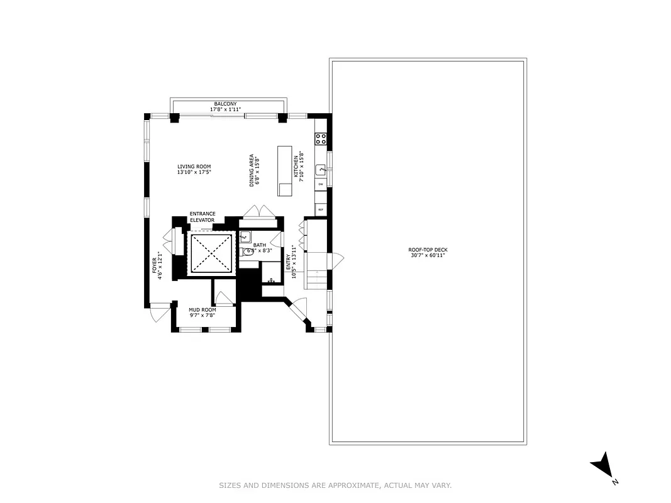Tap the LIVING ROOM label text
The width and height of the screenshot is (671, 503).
[x=194, y=167]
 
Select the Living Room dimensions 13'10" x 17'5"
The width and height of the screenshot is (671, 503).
[x=194, y=172]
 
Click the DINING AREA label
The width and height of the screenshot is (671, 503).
[x=252, y=170]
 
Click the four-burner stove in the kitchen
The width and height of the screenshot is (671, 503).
[x=320, y=139]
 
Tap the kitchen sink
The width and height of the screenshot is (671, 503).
[x=320, y=169]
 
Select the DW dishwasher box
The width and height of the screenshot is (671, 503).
[x=320, y=184]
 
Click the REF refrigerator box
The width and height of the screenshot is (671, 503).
[x=320, y=209]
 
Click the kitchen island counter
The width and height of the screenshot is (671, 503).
[x=286, y=171]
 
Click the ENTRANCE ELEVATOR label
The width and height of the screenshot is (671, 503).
[x=202, y=217]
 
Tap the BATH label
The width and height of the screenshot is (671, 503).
[x=260, y=245]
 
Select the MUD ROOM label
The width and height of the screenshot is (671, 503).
[x=202, y=310]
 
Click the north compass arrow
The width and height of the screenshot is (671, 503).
[x=602, y=466]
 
